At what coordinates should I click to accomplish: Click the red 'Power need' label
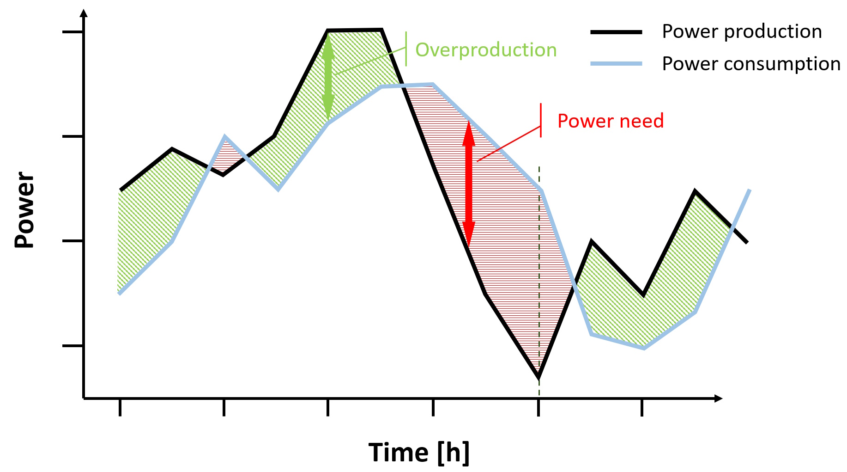[x=610, y=121]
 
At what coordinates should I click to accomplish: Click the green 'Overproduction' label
[x=486, y=50]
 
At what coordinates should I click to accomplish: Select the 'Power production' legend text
[x=742, y=31]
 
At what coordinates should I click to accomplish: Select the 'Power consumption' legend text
[x=751, y=64]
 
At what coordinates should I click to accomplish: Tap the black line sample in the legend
[x=616, y=32]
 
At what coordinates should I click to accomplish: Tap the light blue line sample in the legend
[x=616, y=64]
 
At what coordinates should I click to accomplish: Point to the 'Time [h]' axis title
[x=419, y=452]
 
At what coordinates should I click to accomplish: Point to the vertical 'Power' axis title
[x=24, y=209]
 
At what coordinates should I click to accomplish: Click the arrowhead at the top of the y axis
[x=84, y=12]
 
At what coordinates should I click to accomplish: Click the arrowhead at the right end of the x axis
[x=718, y=398]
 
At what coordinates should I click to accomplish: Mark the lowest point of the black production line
[x=538, y=377]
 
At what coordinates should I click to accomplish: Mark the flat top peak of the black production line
[x=355, y=31]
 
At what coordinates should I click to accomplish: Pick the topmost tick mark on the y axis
[x=73, y=32]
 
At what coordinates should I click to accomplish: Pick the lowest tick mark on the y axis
[x=73, y=345]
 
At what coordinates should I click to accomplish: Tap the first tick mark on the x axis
[x=120, y=407]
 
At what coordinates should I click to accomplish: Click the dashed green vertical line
[x=539, y=277]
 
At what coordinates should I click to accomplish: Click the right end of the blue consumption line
[x=749, y=190]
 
